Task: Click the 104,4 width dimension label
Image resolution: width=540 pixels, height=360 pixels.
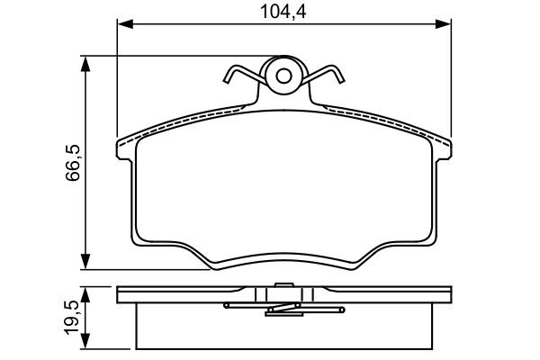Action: pos(283,12)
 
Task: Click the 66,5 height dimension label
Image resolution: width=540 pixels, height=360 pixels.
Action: pos(73,162)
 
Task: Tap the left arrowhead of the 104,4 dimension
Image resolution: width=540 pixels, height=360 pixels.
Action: pos(125,24)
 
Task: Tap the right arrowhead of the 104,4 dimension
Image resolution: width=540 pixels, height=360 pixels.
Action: pos(443,24)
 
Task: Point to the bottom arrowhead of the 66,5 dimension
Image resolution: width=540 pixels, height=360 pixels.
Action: pos(85,262)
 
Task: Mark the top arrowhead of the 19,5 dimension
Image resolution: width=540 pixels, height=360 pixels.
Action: pos(85,294)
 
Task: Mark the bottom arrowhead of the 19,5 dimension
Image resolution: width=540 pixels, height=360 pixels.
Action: pos(85,341)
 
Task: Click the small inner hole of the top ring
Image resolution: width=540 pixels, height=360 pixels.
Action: pos(283,76)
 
